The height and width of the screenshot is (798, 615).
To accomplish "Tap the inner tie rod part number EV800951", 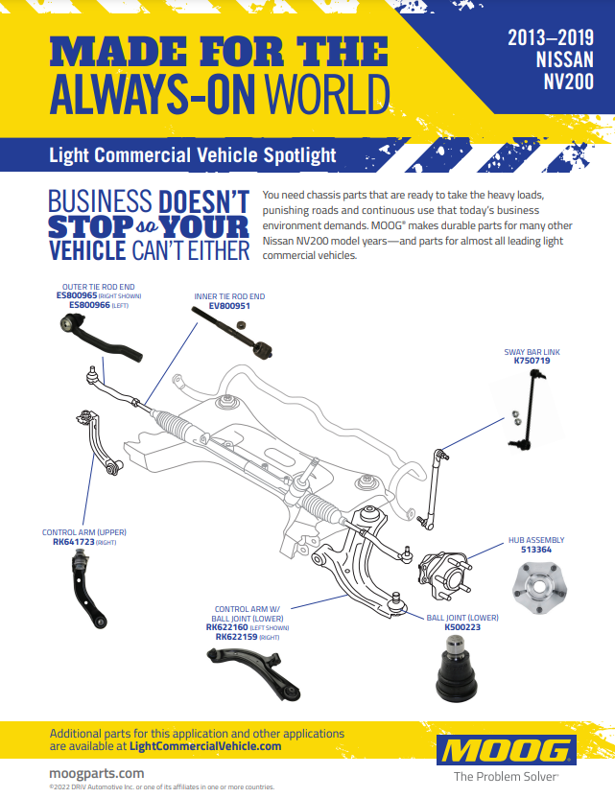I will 222,306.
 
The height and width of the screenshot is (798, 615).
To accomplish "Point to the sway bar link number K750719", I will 532,362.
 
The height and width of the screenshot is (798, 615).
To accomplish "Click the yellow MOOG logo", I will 506,749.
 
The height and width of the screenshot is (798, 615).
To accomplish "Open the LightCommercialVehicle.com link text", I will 205,746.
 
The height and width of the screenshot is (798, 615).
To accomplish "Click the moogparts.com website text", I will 96,772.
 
